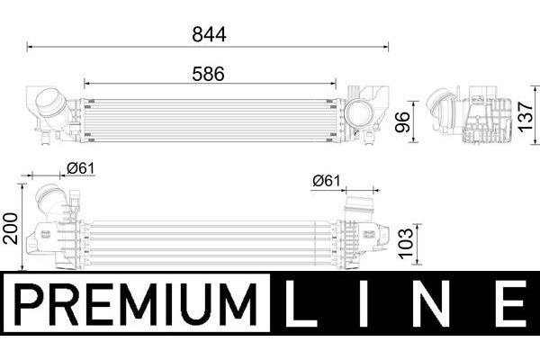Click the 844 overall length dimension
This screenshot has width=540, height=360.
[x=209, y=34]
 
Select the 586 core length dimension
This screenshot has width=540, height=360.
[x=209, y=74]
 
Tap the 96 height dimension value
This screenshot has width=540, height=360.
[x=402, y=122]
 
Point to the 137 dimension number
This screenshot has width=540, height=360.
[x=526, y=116]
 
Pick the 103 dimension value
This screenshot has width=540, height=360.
[x=406, y=242]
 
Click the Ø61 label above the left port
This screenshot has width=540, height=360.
[x=80, y=168]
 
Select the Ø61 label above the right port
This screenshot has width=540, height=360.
[x=326, y=181]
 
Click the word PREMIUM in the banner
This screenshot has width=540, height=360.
[x=136, y=304]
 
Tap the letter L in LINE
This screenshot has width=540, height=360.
[x=301, y=303]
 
